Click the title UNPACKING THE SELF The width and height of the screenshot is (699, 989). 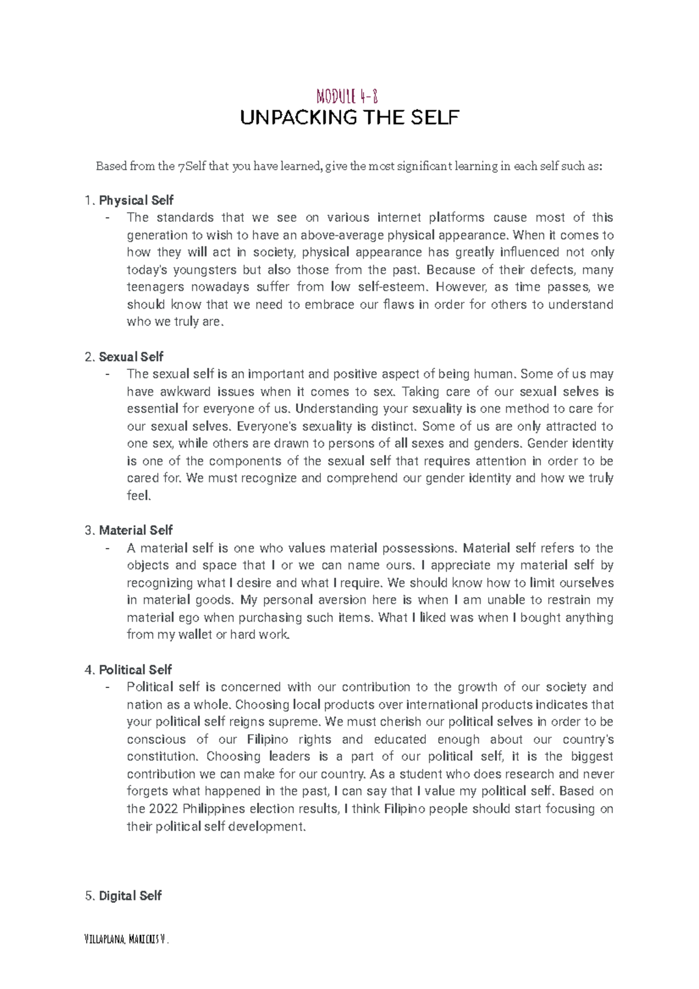[350, 118]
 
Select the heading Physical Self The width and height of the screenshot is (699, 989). [136, 200]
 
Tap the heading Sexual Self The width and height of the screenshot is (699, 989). [130, 357]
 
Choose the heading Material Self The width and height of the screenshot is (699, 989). [135, 531]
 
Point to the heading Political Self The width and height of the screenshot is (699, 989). [135, 670]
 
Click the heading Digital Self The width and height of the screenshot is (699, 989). [130, 896]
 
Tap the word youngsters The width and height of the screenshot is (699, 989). [205, 270]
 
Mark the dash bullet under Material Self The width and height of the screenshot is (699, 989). [107, 549]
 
